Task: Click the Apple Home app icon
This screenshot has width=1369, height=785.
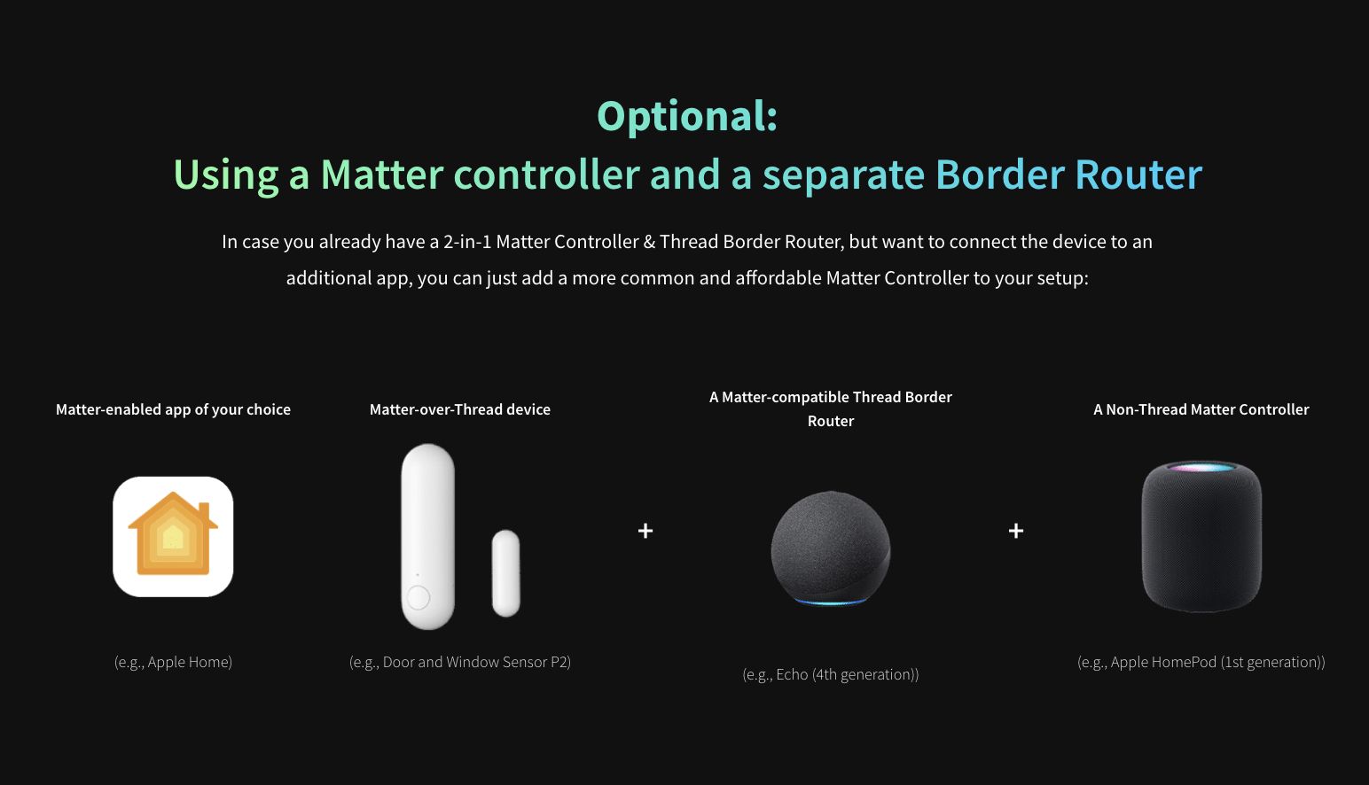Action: (x=173, y=536)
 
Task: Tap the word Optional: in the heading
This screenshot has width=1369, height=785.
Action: (x=687, y=116)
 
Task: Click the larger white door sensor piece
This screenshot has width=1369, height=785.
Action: (x=427, y=536)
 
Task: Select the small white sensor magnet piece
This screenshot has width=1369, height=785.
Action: (x=506, y=573)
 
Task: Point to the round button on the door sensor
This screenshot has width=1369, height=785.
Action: (x=418, y=597)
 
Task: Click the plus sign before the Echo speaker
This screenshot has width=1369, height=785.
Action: (x=645, y=530)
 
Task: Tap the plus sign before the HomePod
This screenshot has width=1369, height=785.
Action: (x=1016, y=530)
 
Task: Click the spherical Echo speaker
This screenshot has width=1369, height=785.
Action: (x=831, y=548)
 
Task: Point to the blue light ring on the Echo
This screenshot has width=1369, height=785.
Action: (x=831, y=602)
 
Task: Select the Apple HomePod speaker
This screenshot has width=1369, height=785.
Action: (x=1201, y=536)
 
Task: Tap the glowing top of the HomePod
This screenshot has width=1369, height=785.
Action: (x=1201, y=468)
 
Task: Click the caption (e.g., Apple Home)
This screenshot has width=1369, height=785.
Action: (x=173, y=662)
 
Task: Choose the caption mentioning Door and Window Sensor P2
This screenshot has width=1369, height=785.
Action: (x=459, y=662)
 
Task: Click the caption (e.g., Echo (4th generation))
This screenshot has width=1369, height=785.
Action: (x=831, y=674)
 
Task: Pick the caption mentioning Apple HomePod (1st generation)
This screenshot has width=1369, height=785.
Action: (x=1201, y=662)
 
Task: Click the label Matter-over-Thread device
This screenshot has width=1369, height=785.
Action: (x=459, y=409)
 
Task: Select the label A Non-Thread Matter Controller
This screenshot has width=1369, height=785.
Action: (x=1201, y=409)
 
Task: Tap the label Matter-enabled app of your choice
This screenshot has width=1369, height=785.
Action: (x=173, y=409)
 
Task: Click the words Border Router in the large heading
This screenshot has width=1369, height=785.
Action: (x=1069, y=175)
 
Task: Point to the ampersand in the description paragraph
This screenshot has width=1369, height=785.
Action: (x=649, y=242)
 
